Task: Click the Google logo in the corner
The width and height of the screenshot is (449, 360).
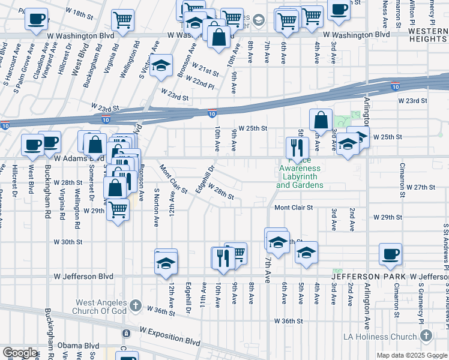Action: pos(20,352)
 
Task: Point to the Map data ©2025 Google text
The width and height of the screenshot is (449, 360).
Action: pos(411,355)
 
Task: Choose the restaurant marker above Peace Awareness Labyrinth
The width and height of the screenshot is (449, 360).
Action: pos(297,146)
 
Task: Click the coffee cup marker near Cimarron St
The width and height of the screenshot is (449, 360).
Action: pos(390,253)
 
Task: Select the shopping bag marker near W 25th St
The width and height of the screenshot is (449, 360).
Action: pos(321,120)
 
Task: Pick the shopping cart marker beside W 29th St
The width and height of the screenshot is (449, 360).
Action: pos(118,208)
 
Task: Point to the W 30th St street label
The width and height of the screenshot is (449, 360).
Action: pos(67,242)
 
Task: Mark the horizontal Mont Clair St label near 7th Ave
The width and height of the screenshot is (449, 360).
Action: pos(294,208)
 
